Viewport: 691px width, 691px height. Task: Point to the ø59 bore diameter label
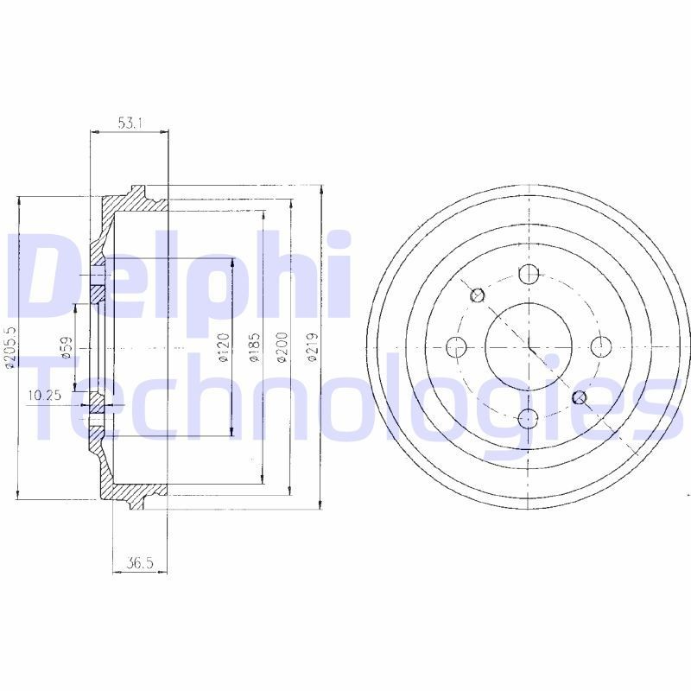coord(66,348)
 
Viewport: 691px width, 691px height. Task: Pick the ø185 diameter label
coord(254,349)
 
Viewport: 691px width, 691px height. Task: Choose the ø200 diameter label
coord(282,349)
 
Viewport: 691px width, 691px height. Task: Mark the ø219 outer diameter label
coord(312,349)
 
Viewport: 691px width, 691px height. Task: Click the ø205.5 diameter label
coord(10,347)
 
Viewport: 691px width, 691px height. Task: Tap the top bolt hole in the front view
coord(529,275)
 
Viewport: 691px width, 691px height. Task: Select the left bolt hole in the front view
coord(456,347)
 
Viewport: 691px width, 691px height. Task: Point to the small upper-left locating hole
coord(478,296)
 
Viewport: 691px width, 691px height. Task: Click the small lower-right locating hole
coord(580,397)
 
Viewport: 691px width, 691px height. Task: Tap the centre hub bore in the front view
coord(529,347)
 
